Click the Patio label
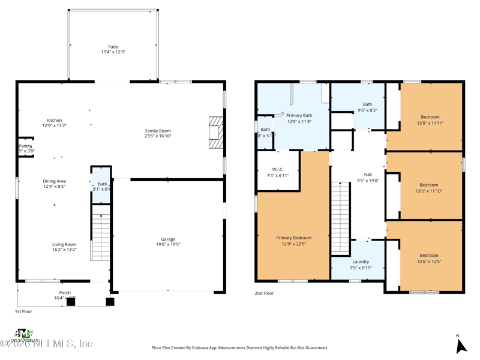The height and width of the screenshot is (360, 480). point(113,47)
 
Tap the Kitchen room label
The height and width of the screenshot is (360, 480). point(54,120)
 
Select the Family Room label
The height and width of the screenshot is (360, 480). point(158,131)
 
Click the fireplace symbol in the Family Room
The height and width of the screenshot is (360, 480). point(215,130)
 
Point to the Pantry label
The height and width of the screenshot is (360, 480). point(25,146)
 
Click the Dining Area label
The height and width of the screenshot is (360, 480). point(54,181)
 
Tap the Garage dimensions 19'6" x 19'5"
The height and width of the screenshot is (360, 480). point(168,245)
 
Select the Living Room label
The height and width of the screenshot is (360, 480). point(64,244)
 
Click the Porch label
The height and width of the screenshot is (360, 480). point(64,293)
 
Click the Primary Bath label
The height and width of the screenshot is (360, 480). point(299,115)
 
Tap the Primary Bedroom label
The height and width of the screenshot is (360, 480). point(293,238)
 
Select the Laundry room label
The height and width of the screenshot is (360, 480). point(360,262)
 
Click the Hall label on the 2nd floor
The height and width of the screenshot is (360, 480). point(368,175)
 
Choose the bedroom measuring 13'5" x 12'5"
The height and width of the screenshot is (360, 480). point(430,256)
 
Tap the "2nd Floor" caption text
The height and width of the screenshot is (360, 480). point(264,293)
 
